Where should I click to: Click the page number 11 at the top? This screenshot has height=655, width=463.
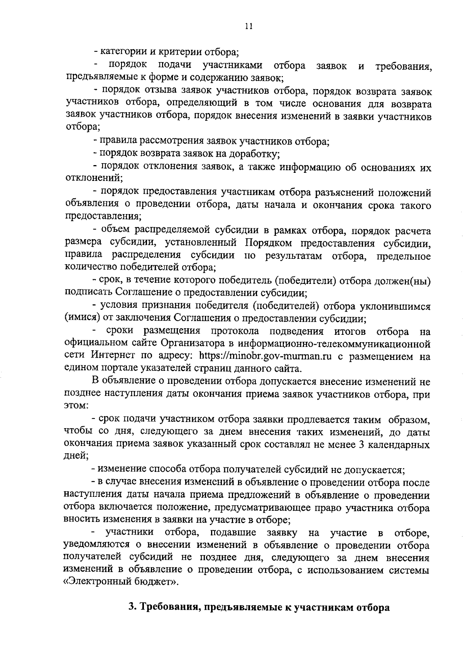[248, 26]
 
